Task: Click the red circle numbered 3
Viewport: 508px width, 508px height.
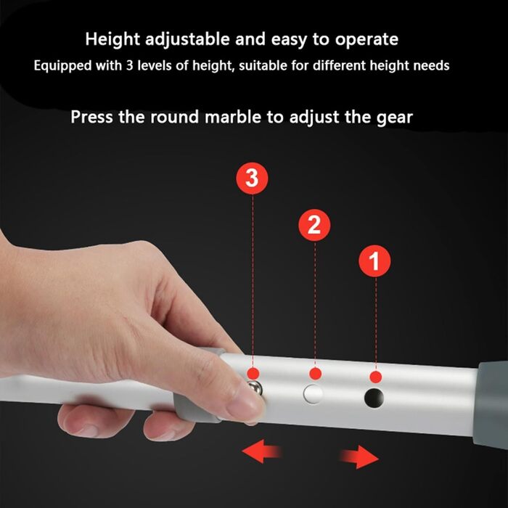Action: point(252,179)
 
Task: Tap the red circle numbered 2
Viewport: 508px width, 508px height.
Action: point(314,225)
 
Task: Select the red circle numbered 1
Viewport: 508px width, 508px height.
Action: point(374,261)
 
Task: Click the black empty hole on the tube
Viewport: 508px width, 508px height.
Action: point(374,398)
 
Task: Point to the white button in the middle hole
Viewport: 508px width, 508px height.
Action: point(313,394)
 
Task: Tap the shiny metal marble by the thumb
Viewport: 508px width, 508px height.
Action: point(255,388)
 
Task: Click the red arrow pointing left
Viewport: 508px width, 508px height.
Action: point(261,451)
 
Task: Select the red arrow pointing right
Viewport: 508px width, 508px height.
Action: point(359,456)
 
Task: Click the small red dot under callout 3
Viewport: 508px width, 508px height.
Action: point(253,374)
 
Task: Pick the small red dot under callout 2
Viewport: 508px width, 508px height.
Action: point(315,374)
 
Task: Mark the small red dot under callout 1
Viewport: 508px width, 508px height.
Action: point(375,377)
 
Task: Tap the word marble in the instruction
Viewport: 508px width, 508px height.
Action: point(233,117)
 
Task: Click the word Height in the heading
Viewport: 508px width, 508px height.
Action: point(112,39)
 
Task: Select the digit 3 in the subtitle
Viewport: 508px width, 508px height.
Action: point(130,66)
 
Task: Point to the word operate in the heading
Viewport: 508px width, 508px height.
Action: point(366,40)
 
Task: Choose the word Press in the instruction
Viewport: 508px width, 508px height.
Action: point(92,117)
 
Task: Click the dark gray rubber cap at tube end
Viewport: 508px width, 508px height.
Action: point(491,405)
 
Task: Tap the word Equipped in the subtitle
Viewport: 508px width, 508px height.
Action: point(62,66)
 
